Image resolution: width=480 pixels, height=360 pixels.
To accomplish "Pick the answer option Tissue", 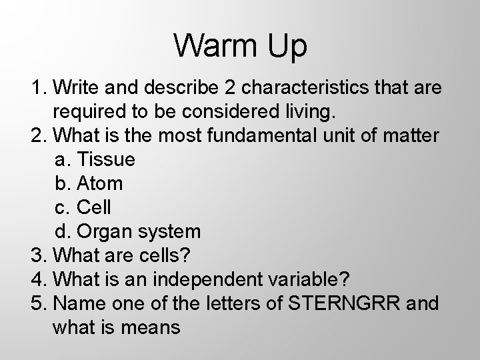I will point(107,159).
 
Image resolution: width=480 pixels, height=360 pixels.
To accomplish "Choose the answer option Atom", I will point(100,183).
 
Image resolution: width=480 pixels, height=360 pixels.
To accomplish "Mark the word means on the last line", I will point(156,327).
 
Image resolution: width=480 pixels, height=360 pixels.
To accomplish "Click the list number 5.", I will point(37,303).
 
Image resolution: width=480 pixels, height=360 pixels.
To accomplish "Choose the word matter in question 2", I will point(411,135).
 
